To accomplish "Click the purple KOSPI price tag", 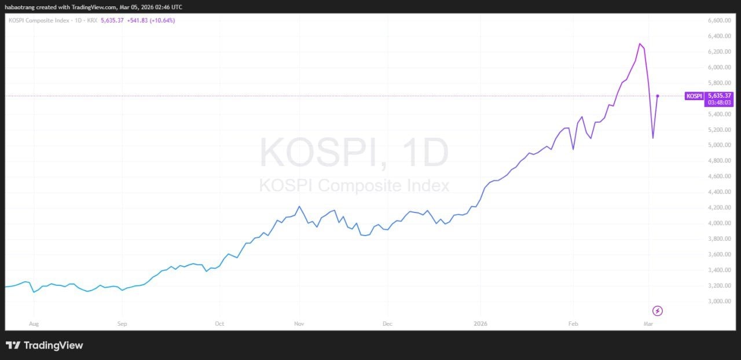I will (x=694, y=96).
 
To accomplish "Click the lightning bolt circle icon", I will (x=657, y=311).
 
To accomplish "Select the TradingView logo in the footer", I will (x=45, y=346).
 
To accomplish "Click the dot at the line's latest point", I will (x=658, y=96).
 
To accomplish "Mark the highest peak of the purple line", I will (x=640, y=43).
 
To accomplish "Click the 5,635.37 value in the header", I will (x=112, y=20).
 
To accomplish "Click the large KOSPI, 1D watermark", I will (x=354, y=153).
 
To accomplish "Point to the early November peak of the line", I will (x=299, y=206).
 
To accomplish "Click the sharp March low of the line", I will (x=653, y=138).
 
